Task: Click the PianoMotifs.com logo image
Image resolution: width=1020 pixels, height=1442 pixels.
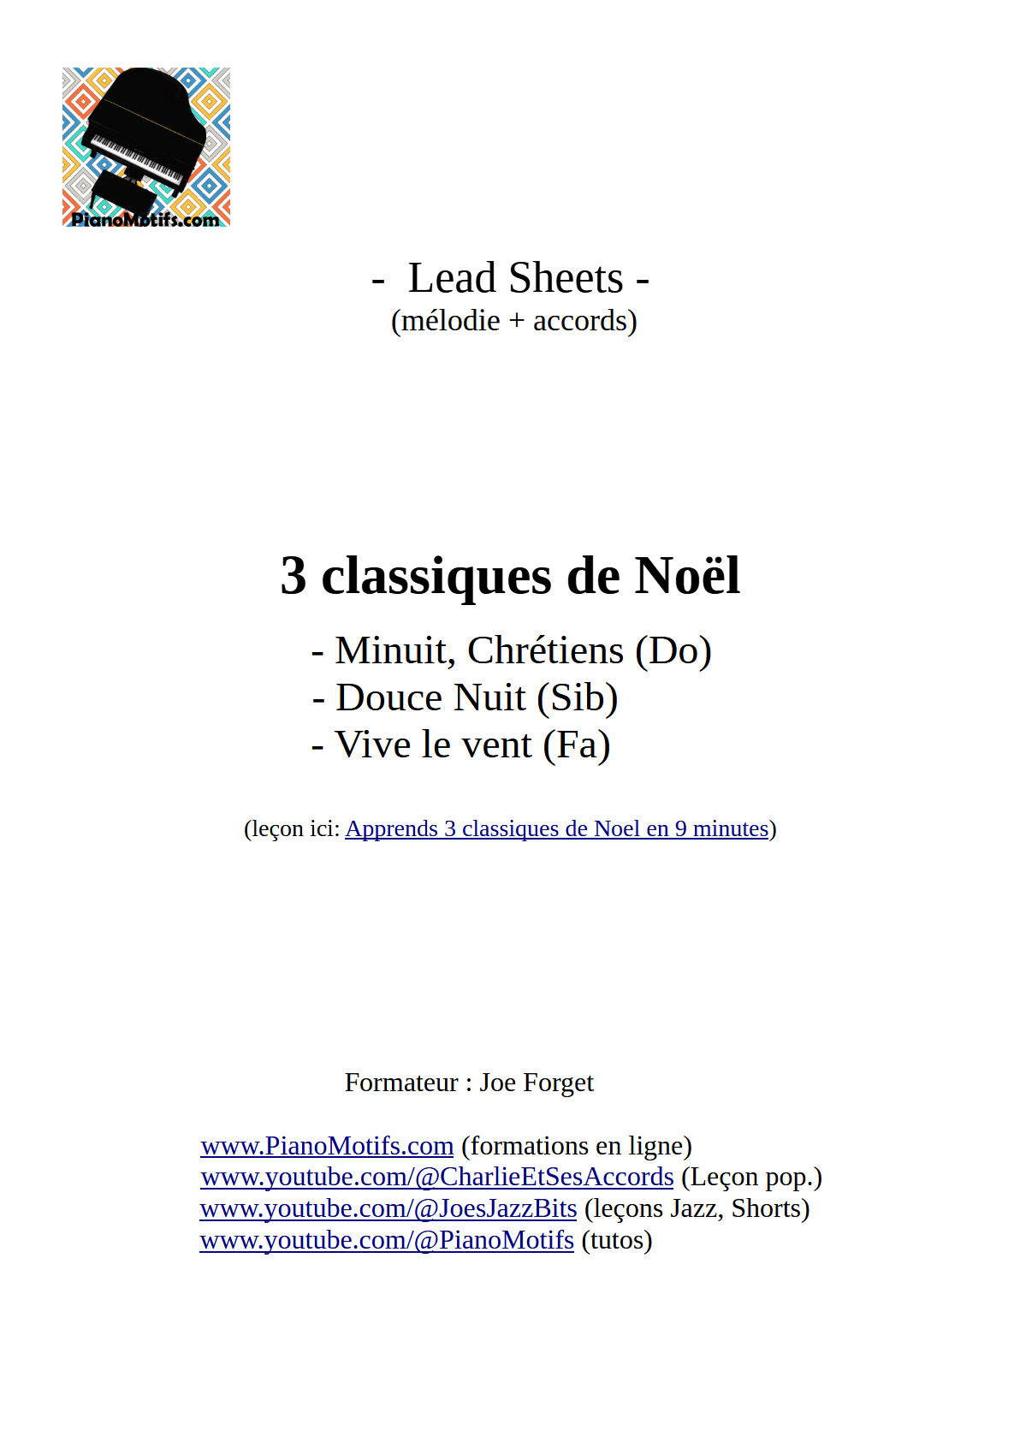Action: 145,147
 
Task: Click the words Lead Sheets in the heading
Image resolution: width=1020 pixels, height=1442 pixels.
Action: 515,278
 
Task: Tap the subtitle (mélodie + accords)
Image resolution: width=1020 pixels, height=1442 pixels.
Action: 513,321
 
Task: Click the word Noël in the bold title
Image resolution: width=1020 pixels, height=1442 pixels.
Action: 686,575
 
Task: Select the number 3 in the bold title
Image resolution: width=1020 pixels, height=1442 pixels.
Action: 294,576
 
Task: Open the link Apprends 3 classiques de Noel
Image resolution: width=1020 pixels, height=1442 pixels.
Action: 556,828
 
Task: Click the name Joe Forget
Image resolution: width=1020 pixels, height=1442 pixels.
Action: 536,1083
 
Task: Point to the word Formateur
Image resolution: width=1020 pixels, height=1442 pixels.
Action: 401,1083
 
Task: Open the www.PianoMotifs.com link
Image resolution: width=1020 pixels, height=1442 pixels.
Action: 327,1146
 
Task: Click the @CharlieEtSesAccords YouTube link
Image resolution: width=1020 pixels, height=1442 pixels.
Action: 437,1178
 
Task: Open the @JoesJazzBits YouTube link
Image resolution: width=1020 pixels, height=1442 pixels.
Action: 388,1209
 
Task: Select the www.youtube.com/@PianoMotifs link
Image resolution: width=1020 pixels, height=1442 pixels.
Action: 387,1241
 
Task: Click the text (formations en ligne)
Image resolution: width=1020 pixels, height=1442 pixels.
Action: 576,1146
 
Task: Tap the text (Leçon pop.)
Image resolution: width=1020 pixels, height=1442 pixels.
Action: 750,1178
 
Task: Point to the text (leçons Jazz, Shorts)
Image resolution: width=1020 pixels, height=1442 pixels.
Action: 697,1209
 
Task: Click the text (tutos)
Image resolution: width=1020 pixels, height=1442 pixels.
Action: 616,1241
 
